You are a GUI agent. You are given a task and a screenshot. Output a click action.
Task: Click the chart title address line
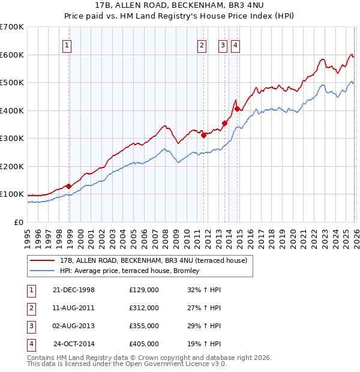(179, 5)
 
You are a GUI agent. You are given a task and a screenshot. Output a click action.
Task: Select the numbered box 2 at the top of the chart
(203, 45)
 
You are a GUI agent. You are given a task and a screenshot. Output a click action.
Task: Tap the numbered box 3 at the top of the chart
(223, 45)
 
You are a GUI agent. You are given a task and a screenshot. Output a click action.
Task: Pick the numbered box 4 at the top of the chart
(236, 45)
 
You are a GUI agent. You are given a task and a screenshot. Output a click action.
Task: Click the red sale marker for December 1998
(69, 186)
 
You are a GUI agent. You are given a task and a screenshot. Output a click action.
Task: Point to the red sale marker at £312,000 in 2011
(203, 135)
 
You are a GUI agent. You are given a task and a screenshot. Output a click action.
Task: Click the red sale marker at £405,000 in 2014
(238, 109)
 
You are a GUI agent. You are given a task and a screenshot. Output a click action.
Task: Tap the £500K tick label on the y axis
(12, 82)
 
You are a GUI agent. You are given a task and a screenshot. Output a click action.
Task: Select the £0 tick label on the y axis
(19, 222)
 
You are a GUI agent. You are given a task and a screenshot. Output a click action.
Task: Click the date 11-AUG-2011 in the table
(74, 308)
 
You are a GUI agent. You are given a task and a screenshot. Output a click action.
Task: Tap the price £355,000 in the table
(144, 326)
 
